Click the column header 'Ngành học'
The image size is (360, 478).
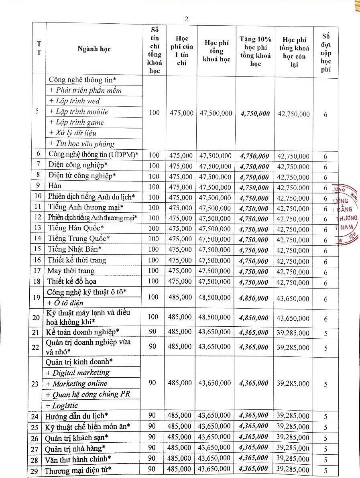pos(94,49)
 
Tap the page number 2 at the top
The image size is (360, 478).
pos(186,19)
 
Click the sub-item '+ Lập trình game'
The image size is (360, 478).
pos(76,122)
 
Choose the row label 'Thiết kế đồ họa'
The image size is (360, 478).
pos(72,281)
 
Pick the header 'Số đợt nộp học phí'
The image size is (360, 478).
pos(326,50)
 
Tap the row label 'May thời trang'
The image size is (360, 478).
pos(71,271)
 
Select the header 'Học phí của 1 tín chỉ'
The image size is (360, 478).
pos(182,50)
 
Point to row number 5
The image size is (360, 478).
pos(37,112)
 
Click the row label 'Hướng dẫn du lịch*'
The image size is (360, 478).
pos(78,415)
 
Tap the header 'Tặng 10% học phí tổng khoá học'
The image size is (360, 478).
pos(255,50)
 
